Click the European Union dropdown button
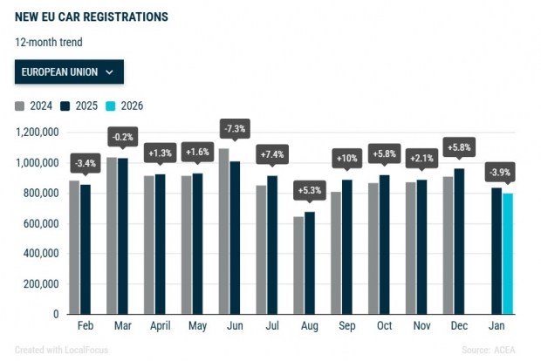69,72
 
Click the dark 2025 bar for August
310,262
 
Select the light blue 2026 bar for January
507,254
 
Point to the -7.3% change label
235,128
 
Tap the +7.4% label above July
272,154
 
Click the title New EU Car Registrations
92,17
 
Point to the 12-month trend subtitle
50,41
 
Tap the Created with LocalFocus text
61,350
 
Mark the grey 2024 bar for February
74,247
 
